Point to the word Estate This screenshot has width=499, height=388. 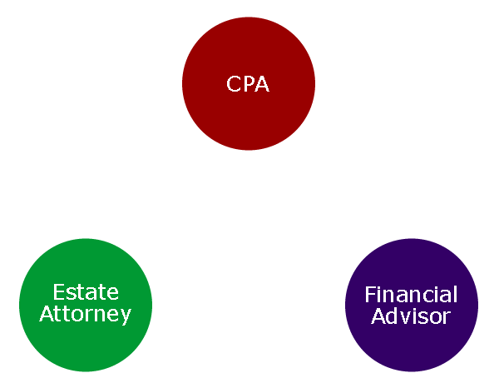point(86,292)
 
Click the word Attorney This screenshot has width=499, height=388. point(86,314)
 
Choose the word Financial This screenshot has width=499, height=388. point(411,295)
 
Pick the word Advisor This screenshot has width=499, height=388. point(411,316)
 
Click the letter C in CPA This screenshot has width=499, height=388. point(234,84)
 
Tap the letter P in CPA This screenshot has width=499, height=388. point(249,84)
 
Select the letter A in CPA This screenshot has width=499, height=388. point(263,84)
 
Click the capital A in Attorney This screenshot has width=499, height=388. point(47,314)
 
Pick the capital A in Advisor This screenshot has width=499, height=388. point(378,316)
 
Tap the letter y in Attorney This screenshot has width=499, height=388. point(126,316)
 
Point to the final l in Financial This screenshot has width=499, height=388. point(455,295)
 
